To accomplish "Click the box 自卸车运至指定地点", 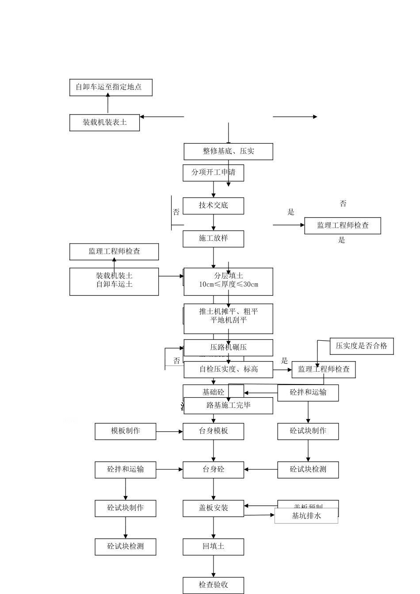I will (x=111, y=88).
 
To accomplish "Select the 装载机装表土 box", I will (x=104, y=122).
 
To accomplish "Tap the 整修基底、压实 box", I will (x=228, y=152).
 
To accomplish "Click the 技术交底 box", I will (x=213, y=206).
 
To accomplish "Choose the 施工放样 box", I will (x=213, y=238).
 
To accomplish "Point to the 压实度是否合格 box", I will (x=361, y=346).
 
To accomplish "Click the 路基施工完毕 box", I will (x=228, y=405).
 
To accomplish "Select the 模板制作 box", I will (x=125, y=431).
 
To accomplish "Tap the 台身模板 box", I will (x=213, y=431).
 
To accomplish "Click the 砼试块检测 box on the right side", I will (x=308, y=469).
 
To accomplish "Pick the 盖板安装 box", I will (x=213, y=508).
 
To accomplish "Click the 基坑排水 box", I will (x=306, y=516).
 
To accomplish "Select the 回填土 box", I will (x=213, y=547).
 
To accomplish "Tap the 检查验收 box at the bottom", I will (x=213, y=585).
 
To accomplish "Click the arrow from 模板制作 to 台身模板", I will (x=169, y=431).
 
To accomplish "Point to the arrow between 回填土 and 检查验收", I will (x=214, y=566).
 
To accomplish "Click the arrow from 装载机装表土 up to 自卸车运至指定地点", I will (x=108, y=105).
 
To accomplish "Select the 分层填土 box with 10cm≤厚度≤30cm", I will (x=228, y=281).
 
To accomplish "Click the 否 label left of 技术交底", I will (x=176, y=213).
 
